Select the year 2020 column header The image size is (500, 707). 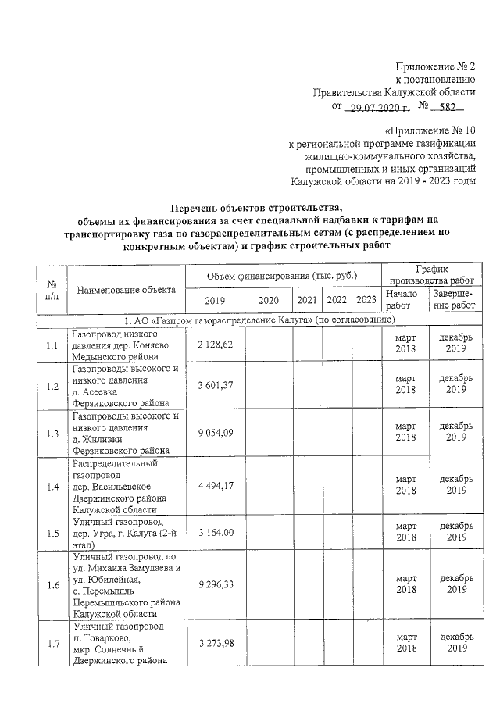268,300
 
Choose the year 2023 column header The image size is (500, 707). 365,300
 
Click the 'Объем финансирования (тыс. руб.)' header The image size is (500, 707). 281,276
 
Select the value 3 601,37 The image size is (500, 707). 216,386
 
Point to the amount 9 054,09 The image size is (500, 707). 216,433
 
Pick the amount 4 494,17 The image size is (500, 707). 216,487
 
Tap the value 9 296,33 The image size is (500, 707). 216,584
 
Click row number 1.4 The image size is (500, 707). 52,487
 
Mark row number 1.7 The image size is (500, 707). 52,643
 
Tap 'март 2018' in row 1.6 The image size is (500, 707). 405,584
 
